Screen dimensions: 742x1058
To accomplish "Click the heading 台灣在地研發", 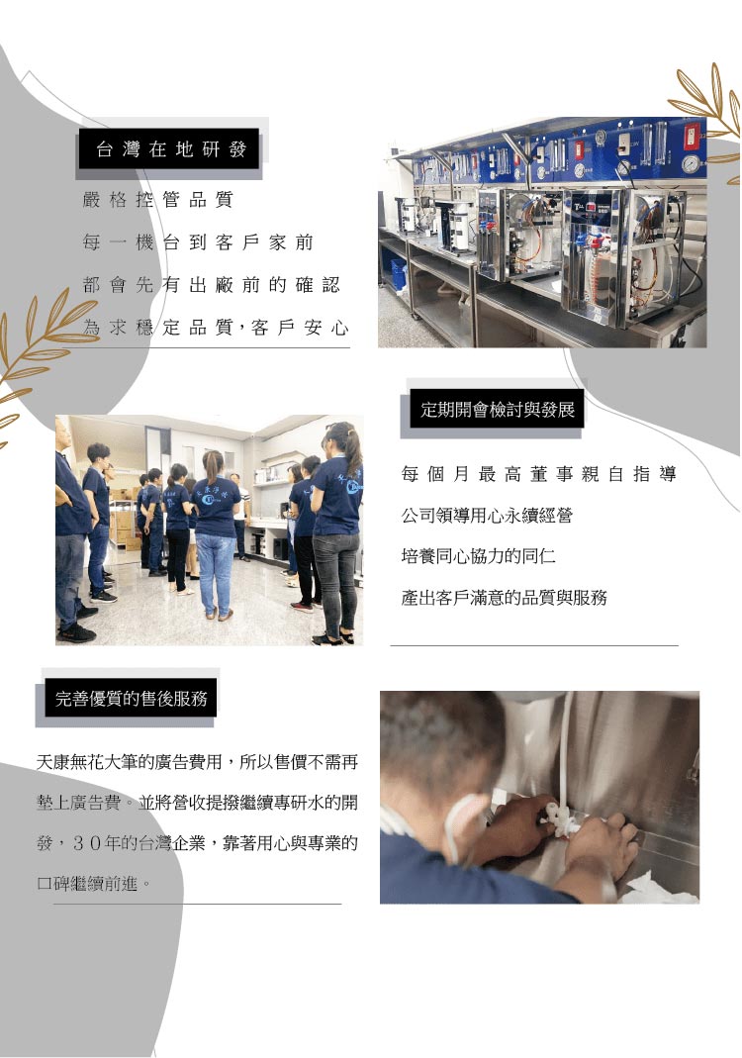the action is [x=170, y=149].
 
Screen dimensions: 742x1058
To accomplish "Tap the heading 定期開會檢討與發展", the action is [x=497, y=410].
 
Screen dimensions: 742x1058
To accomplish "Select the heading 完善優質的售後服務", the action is [x=131, y=699].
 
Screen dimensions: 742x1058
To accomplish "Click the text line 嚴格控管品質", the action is [x=158, y=200].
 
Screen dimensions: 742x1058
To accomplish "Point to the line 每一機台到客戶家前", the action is [x=198, y=242].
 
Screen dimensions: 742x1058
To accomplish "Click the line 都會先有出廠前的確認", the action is [x=211, y=285].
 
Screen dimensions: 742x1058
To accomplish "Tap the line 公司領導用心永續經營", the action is [x=487, y=516].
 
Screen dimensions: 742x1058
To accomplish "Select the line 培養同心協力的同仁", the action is [x=478, y=556].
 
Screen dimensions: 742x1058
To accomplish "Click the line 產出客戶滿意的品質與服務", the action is [x=504, y=597].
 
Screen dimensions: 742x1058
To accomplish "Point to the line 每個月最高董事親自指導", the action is [x=538, y=474].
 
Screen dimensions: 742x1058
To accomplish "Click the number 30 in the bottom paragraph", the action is [x=87, y=843].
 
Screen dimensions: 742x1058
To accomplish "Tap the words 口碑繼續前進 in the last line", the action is [x=88, y=883].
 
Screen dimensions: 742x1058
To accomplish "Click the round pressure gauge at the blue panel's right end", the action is [x=691, y=164].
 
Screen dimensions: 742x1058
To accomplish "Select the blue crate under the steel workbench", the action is [x=399, y=272].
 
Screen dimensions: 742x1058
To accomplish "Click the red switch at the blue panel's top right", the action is [x=692, y=135].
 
